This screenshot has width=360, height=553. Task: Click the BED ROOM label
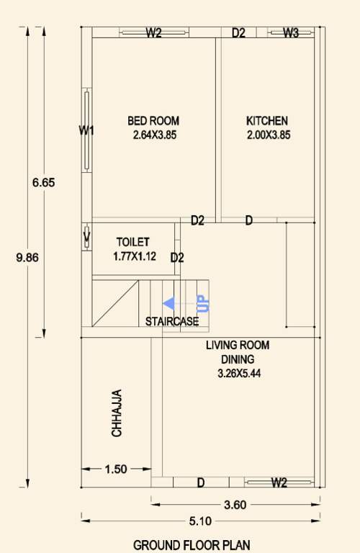[x=153, y=121]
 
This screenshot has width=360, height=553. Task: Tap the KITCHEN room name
[x=267, y=121]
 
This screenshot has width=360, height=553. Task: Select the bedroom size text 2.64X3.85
[x=155, y=135]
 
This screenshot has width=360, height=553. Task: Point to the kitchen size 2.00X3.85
[x=268, y=135]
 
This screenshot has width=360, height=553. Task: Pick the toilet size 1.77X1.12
[x=135, y=256]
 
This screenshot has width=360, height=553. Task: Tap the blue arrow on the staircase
[x=169, y=304]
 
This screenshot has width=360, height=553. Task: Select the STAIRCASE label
[x=172, y=321]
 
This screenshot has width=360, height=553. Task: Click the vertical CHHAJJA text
[x=117, y=413]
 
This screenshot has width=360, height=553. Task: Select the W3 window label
[x=291, y=32]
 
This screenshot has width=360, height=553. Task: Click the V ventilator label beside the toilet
[x=86, y=235]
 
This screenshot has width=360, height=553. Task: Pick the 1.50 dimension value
[x=116, y=469]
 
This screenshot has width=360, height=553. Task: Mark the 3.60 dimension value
[x=235, y=505]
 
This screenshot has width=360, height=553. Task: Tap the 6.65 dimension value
[x=44, y=182]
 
